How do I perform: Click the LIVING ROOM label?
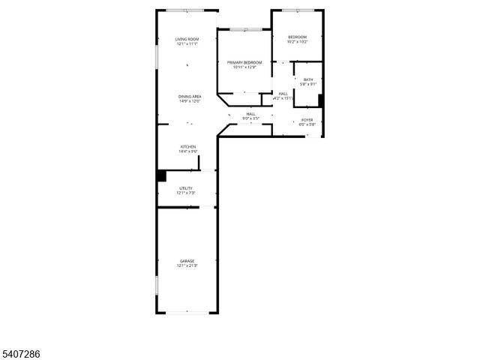tap(187, 39)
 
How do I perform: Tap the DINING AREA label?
tap(189, 96)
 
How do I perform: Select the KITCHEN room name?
tap(187, 146)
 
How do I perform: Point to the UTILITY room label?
tap(186, 188)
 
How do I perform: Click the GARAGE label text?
tap(186, 261)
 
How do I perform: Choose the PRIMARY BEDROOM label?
tap(244, 62)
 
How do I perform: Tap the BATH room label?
tap(308, 79)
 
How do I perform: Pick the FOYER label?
tap(307, 119)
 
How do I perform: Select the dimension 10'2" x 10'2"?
tap(297, 42)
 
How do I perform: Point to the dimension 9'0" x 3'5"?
tap(250, 118)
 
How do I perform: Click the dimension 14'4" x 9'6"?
tap(187, 151)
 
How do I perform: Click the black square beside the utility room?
tap(160, 176)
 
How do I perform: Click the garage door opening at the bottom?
tap(187, 313)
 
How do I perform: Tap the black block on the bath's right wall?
tap(321, 100)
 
